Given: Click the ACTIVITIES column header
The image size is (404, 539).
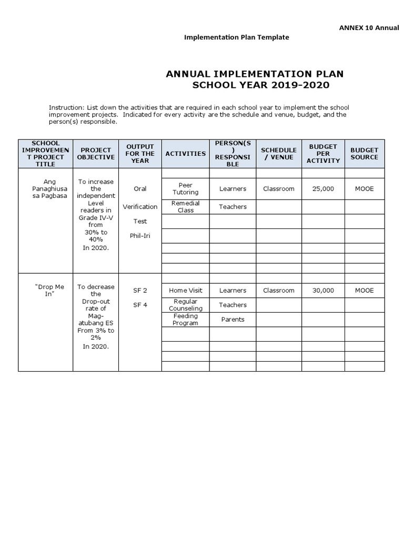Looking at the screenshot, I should click(185, 153).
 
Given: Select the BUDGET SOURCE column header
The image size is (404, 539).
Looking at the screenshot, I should click(364, 153).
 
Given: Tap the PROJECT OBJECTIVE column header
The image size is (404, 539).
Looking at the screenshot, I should click(96, 153).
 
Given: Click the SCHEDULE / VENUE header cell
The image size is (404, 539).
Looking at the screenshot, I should click(278, 153).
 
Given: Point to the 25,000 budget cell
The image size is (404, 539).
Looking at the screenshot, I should click(323, 188).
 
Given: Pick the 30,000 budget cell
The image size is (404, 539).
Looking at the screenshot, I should click(323, 290).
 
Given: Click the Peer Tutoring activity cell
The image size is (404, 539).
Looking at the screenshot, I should click(185, 188).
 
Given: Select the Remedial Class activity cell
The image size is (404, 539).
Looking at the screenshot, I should click(185, 207).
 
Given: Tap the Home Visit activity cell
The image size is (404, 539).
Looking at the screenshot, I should click(185, 290).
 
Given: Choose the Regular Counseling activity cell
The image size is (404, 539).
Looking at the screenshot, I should click(185, 305).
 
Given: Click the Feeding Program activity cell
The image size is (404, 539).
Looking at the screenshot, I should click(185, 320).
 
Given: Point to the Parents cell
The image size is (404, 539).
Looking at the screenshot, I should click(233, 320).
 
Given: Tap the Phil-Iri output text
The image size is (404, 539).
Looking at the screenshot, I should click(140, 235).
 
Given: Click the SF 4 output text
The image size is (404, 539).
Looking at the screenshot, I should click(140, 305).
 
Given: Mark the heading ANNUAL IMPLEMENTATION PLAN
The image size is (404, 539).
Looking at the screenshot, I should click(255, 74).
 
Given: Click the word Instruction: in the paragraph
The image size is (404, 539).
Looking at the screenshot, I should click(66, 107).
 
